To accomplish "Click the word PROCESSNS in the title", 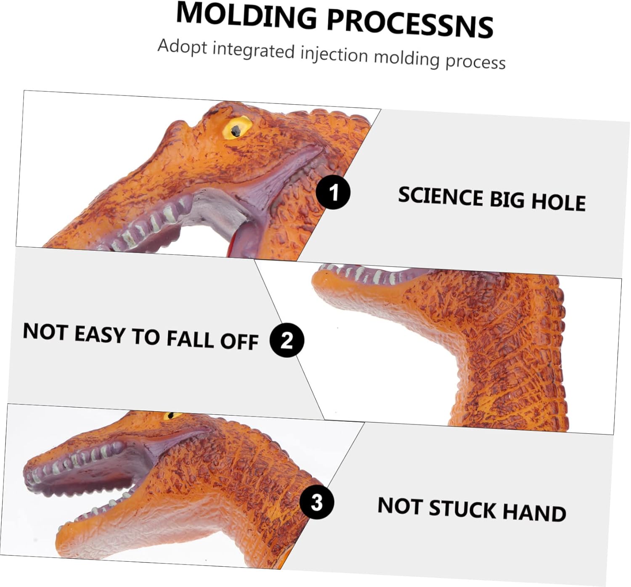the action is pos(410,24).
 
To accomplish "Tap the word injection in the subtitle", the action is pos(334,54).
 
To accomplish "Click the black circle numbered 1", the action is pos(333,192).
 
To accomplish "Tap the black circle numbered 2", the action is pos(286,340).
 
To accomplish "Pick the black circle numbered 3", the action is pos(316,502).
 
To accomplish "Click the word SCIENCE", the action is pos(441,196).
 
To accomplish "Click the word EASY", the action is pos(100,334).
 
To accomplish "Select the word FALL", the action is pos(190,338).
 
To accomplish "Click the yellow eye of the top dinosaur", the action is pos(237,128).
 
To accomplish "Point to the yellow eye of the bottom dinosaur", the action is pos(172,415).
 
